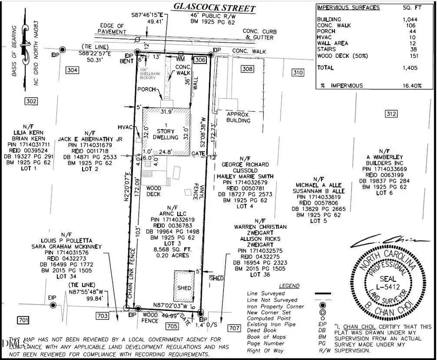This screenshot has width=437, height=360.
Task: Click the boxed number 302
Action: [31, 101]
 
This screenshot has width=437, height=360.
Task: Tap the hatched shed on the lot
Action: [185, 287]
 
